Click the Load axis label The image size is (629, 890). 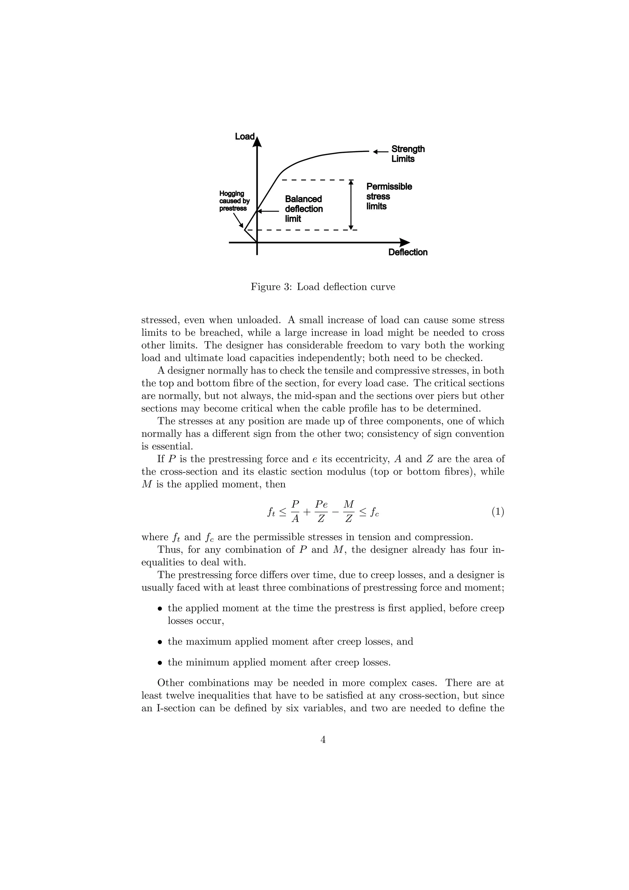(244, 136)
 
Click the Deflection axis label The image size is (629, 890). (408, 252)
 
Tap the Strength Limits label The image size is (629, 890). (408, 154)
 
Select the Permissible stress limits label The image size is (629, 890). (389, 197)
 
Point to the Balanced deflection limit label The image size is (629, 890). (304, 209)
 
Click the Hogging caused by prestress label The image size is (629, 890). (234, 201)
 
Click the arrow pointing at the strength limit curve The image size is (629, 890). (381, 152)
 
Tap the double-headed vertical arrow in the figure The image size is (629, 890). (351, 205)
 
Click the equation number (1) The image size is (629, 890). (498, 512)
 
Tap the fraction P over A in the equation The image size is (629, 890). (295, 512)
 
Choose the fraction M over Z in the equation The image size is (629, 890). (349, 512)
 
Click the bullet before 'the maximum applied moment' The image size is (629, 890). (159, 642)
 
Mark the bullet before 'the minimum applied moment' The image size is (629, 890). (159, 663)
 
